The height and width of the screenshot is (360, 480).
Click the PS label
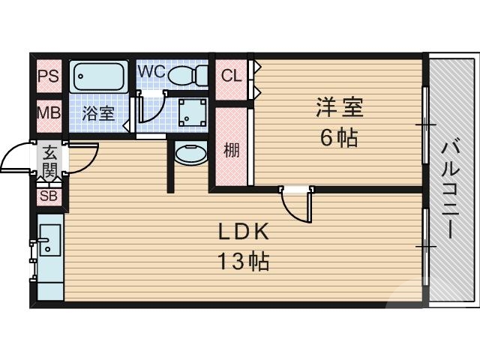pos(49,77)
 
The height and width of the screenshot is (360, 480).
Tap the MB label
pos(49,114)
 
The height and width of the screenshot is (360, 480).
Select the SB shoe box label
pos(49,196)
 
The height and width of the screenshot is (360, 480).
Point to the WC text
pos(151,72)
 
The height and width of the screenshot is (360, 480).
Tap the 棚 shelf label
pos(232,149)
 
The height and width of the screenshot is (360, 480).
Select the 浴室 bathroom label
pos(98,114)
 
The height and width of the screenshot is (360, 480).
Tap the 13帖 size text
pos(243,262)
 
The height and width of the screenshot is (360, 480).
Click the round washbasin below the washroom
pos(189,156)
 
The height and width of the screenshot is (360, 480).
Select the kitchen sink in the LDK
pos(49,240)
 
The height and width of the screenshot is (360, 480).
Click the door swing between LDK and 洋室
pos(294,202)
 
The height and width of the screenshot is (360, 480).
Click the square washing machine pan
pos(190,113)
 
